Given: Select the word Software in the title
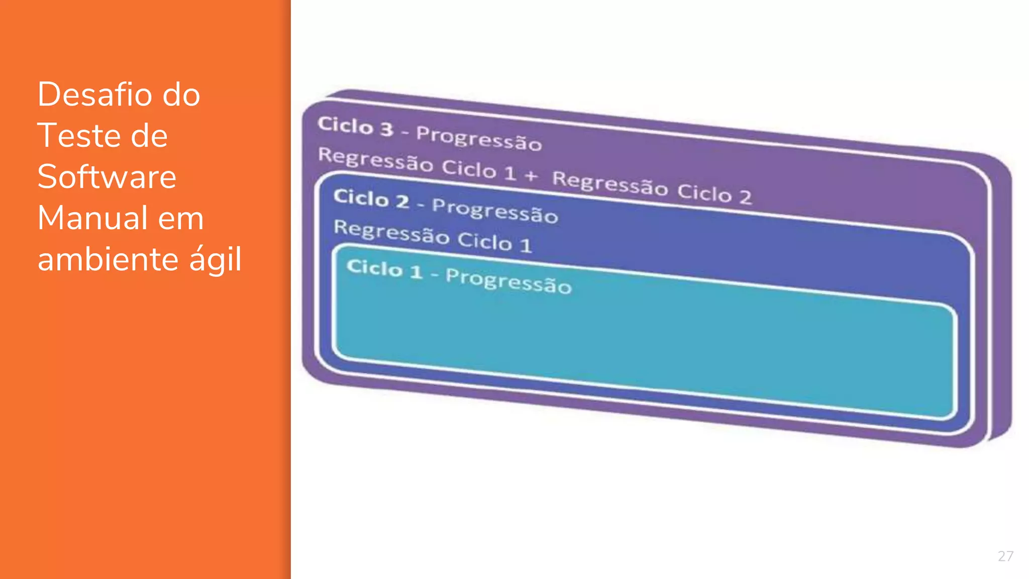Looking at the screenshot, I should pyautogui.click(x=107, y=177).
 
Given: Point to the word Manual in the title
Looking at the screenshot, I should pyautogui.click(x=91, y=218).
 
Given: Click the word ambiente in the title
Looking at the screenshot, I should pyautogui.click(x=108, y=259).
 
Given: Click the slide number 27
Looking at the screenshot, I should pyautogui.click(x=1005, y=556).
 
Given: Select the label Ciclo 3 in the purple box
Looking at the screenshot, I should pyautogui.click(x=355, y=126).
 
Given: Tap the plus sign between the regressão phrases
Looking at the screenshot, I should pyautogui.click(x=531, y=175).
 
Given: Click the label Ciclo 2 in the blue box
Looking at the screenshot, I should pyautogui.click(x=371, y=198).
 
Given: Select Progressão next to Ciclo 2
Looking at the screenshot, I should pyautogui.click(x=495, y=210).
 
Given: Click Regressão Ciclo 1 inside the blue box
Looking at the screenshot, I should pyautogui.click(x=432, y=236).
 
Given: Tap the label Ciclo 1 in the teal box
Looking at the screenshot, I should pyautogui.click(x=384, y=268).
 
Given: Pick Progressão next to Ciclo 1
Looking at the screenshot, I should pyautogui.click(x=508, y=281).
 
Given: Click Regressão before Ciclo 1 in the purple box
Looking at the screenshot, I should pyautogui.click(x=375, y=159).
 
